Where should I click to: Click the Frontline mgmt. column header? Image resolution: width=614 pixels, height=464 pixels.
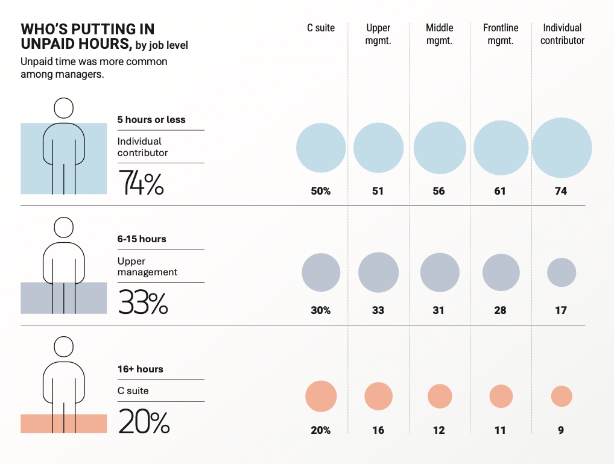(x=501, y=34)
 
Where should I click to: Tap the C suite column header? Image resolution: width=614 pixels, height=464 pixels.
(x=321, y=28)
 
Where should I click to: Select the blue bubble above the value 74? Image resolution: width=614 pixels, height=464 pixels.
(x=562, y=148)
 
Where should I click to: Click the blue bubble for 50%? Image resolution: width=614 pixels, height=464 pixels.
(x=321, y=148)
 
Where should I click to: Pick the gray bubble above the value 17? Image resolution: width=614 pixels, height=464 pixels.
(x=562, y=272)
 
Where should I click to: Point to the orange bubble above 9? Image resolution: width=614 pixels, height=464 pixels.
(x=562, y=397)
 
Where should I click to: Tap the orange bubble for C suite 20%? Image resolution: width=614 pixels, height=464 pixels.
(x=321, y=397)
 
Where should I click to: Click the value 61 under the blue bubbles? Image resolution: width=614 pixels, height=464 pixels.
(x=499, y=191)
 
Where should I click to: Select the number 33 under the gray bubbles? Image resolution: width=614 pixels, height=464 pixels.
(x=378, y=310)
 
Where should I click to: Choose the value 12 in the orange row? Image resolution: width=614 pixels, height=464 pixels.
(x=438, y=430)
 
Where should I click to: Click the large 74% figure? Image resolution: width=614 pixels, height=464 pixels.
(x=141, y=183)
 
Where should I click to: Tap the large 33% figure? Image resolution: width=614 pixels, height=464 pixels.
(x=143, y=303)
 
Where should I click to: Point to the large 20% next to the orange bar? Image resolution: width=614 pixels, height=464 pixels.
(x=144, y=422)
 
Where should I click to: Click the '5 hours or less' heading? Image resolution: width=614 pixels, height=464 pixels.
(x=151, y=120)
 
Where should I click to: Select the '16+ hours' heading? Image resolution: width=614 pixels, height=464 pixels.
(x=140, y=369)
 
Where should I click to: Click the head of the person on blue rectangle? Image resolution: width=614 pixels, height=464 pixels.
(x=63, y=108)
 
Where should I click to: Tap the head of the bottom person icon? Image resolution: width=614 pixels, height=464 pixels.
(x=63, y=346)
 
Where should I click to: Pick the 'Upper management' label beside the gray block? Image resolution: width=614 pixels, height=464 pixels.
(x=147, y=266)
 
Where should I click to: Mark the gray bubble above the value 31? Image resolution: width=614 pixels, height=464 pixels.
(x=439, y=272)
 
